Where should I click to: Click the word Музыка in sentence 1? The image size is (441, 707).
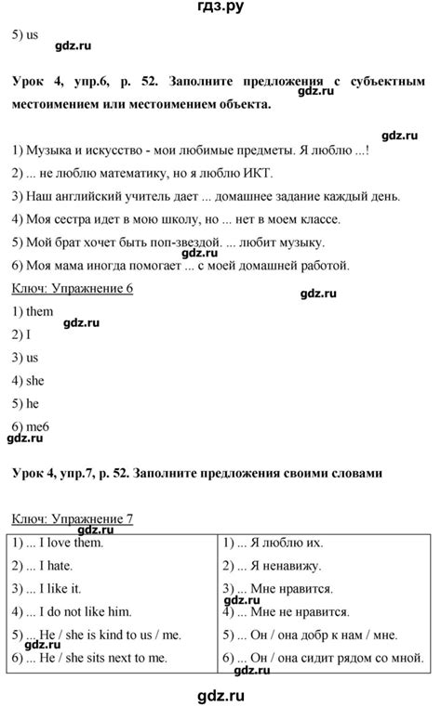click(x=55, y=150)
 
